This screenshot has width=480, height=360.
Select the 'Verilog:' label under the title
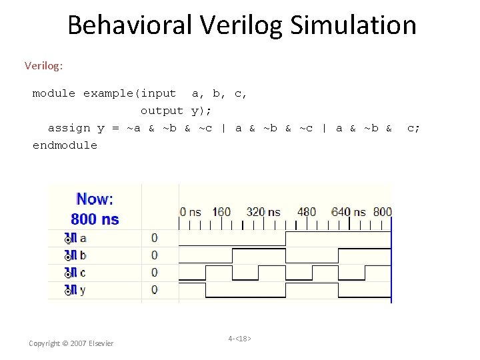click(43, 65)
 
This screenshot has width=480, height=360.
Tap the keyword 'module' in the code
click(54, 93)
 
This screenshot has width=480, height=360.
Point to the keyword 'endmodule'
click(65, 145)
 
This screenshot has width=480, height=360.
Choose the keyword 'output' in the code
click(161, 111)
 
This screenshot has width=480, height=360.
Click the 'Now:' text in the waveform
click(95, 199)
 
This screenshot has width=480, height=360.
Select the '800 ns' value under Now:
click(95, 219)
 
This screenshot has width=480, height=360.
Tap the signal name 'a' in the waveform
click(83, 238)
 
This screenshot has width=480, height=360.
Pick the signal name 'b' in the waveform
click(83, 255)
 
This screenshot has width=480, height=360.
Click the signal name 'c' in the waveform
click(83, 273)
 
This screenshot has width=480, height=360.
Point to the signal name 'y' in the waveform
click(83, 290)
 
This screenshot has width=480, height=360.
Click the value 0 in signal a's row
click(154, 238)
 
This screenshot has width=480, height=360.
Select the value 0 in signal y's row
click(154, 290)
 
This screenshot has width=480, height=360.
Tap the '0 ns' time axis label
click(190, 212)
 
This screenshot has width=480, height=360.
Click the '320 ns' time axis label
click(263, 212)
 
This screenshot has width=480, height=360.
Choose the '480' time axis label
click(307, 212)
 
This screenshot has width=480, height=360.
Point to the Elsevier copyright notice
click(71, 343)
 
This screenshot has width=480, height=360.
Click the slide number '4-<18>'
click(239, 339)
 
